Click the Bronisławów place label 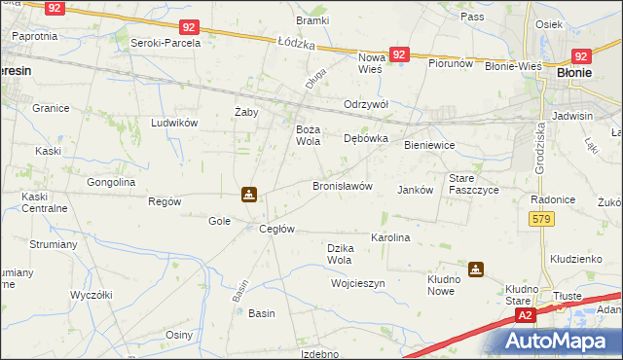(342, 186)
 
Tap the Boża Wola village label (308, 135)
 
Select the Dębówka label (366, 139)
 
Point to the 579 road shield (543, 219)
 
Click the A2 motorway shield (525, 315)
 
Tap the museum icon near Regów (250, 195)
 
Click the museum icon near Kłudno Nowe (475, 270)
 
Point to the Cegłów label (276, 229)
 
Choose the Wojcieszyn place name (358, 283)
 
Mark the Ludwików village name (174, 123)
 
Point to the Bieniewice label (429, 145)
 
